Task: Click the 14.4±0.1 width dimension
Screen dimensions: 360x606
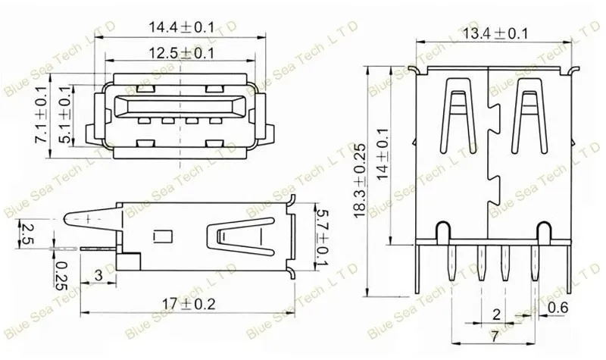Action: pos(181,27)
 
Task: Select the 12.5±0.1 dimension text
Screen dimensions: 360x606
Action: pos(181,52)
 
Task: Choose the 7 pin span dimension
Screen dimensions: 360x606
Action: pos(493,334)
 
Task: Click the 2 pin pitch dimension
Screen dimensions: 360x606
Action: pos(496,314)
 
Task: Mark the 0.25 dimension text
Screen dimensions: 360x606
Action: pos(61,274)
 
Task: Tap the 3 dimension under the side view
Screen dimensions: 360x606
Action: pos(98,274)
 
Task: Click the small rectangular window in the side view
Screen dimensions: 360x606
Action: pos(161,236)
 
